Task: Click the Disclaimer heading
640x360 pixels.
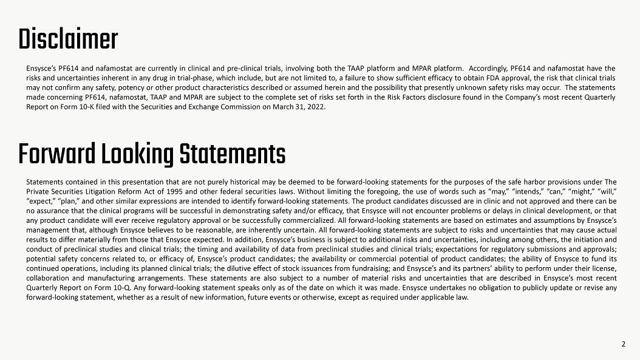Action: pyautogui.click(x=68, y=39)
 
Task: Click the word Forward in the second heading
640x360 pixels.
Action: pyautogui.click(x=56, y=155)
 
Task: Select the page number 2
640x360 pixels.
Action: pyautogui.click(x=623, y=344)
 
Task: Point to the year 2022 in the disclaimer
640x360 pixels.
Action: pyautogui.click(x=317, y=107)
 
